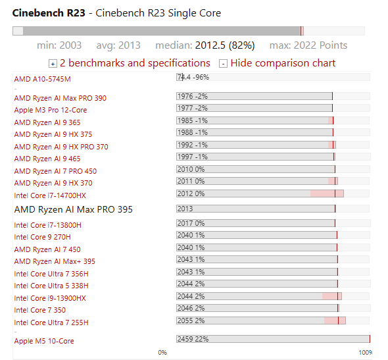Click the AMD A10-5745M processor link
pyautogui.click(x=42, y=79)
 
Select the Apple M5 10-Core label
pyautogui.click(x=44, y=341)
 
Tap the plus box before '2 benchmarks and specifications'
pyautogui.click(x=53, y=64)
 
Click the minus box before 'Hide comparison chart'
pyautogui.click(x=223, y=64)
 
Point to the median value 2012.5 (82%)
pyautogui.click(x=225, y=45)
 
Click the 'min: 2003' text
pyautogui.click(x=59, y=45)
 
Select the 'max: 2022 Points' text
pyautogui.click(x=308, y=45)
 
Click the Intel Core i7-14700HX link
pyautogui.click(x=50, y=195)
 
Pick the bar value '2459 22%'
pyautogui.click(x=193, y=339)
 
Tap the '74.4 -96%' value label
pyautogui.click(x=193, y=77)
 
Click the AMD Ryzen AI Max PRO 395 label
pyautogui.click(x=74, y=209)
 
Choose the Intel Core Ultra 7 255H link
pyautogui.click(x=51, y=322)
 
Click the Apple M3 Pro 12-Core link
pyautogui.click(x=51, y=110)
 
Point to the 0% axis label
pyautogui.click(x=162, y=352)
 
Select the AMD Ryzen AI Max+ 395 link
pyautogui.click(x=55, y=261)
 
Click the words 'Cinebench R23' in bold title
pyautogui.click(x=49, y=13)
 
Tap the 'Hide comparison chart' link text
pyautogui.click(x=283, y=63)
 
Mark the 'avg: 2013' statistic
pyautogui.click(x=118, y=45)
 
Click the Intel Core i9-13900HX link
pyautogui.click(x=50, y=298)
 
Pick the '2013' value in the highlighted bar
pyautogui.click(x=185, y=209)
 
